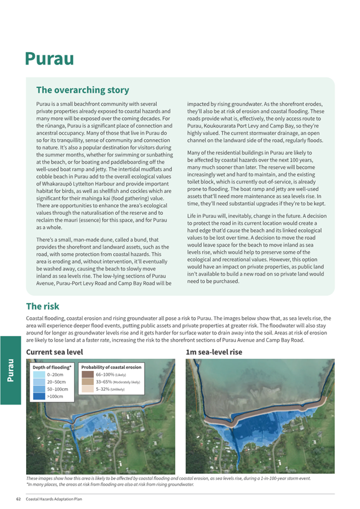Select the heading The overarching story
click(x=82, y=90)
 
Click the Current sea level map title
click(x=54, y=352)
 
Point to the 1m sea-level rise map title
click(x=213, y=352)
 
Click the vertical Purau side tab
click(x=10, y=370)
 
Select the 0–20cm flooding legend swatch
click(x=38, y=375)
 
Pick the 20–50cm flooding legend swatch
click(x=38, y=382)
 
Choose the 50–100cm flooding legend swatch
click(x=38, y=390)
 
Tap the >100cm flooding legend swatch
click(x=38, y=397)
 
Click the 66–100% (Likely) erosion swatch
click(x=87, y=375)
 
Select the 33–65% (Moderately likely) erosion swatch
click(x=87, y=382)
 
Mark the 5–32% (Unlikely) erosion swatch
click(x=87, y=390)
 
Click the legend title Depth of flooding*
click(x=52, y=367)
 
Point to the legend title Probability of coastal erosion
click(x=111, y=367)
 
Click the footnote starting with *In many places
click(x=110, y=484)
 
